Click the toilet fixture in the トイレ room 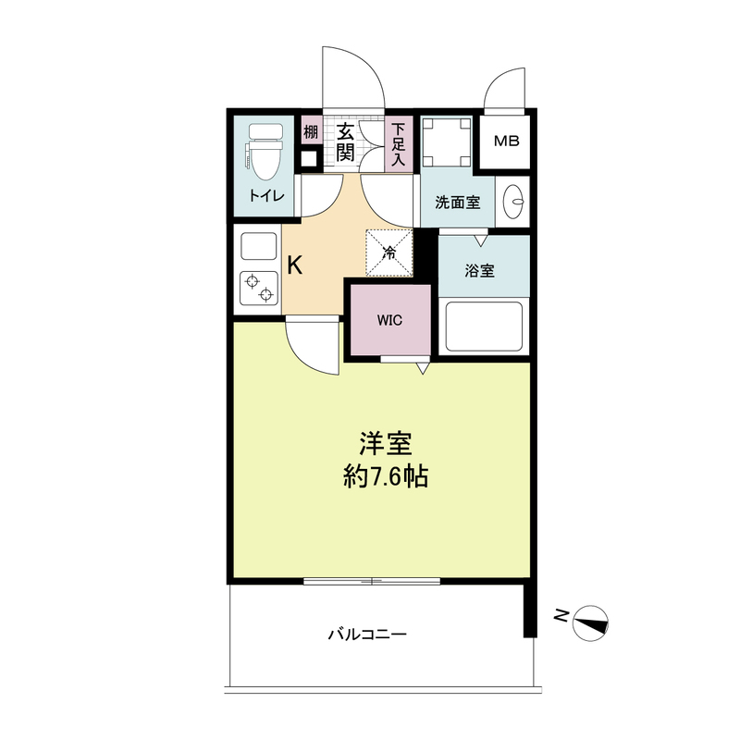point(265,151)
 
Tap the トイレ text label point(266,195)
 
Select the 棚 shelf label point(311,131)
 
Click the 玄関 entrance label point(345,142)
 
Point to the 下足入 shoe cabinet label point(399,144)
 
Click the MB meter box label point(506,141)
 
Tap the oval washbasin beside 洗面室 point(513,202)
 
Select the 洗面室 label point(457,203)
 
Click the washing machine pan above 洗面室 point(447,142)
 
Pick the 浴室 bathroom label point(479,270)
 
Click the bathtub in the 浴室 point(484,327)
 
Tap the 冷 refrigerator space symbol point(389,253)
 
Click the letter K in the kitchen point(295,265)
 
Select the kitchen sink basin point(259,246)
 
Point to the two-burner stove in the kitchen point(259,288)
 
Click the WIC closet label point(389,320)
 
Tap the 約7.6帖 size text point(386,476)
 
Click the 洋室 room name point(386,444)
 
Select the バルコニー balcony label point(367,634)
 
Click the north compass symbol point(590,623)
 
